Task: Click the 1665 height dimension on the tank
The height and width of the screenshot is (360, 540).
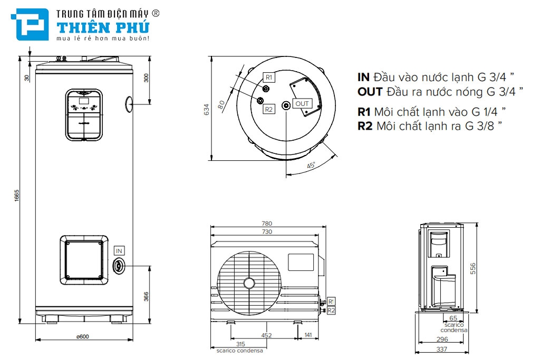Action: coord(17,195)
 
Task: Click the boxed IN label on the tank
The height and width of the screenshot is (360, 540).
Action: coord(119,251)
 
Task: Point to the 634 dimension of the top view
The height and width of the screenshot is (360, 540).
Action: coord(207,109)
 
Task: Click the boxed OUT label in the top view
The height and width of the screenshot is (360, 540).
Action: coord(302,104)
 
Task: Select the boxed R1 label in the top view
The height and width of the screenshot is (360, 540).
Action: coord(268,77)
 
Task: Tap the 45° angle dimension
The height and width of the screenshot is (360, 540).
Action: coord(311,166)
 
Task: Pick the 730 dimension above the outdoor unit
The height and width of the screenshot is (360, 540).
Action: coord(267,232)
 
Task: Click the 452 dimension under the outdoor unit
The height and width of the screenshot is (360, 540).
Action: coord(267,335)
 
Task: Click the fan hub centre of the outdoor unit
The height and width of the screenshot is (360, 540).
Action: coord(248,284)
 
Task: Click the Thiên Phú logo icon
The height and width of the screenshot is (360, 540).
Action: coord(31,25)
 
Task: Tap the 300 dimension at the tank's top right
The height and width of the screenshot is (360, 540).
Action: coord(147,77)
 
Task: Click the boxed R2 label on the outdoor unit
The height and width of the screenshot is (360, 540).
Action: coord(331,310)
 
